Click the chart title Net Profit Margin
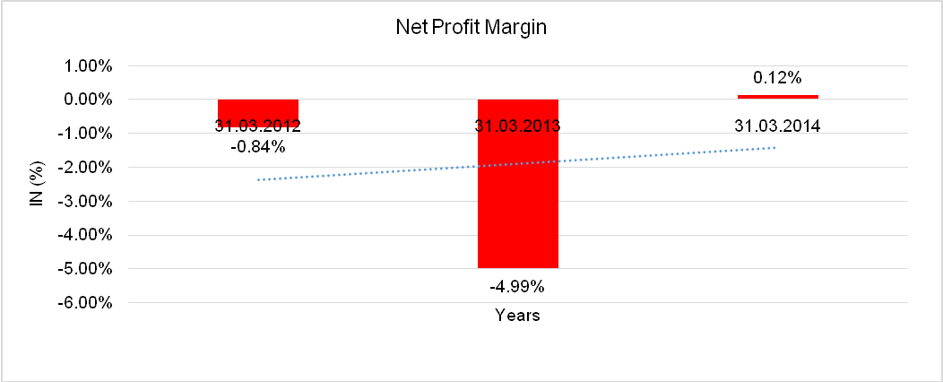[x=471, y=28]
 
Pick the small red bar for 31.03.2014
[x=777, y=96]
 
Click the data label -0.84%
[x=258, y=147]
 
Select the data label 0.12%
[x=776, y=78]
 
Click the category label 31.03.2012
[x=258, y=126]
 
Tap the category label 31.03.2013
[x=517, y=126]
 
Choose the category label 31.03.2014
[x=777, y=126]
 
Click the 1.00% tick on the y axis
[x=88, y=65]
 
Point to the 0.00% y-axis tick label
[x=88, y=100]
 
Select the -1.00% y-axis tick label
[x=86, y=134]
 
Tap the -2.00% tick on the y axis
[x=86, y=167]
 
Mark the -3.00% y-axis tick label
[x=86, y=201]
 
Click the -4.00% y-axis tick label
[x=86, y=235]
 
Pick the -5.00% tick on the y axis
[x=86, y=268]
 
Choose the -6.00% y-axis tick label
[x=86, y=302]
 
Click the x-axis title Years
[x=517, y=316]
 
